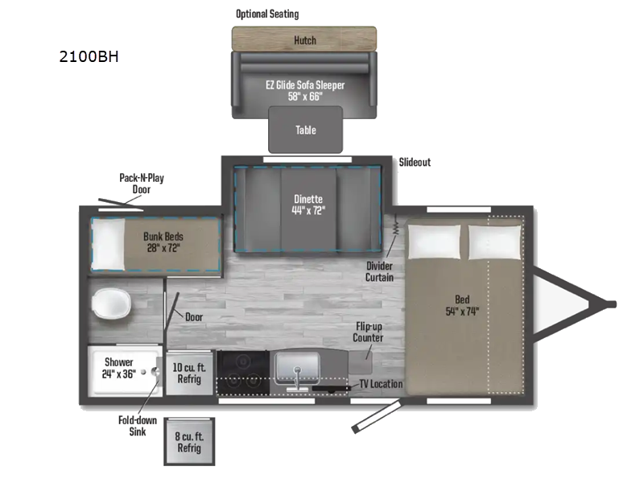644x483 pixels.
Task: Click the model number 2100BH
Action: tap(89, 57)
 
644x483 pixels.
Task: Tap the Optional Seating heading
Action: tap(266, 14)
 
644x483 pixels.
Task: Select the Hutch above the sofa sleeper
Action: tap(304, 39)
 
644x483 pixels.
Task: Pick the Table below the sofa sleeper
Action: tap(305, 130)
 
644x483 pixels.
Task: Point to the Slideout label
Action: tap(415, 162)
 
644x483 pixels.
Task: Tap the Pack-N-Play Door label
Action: tap(142, 184)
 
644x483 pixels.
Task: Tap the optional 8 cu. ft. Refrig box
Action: tap(189, 442)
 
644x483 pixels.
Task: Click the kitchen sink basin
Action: tap(299, 369)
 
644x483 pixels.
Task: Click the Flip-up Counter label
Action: tap(369, 332)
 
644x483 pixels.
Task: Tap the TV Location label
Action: tap(381, 384)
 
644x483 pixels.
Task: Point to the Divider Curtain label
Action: tap(380, 270)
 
